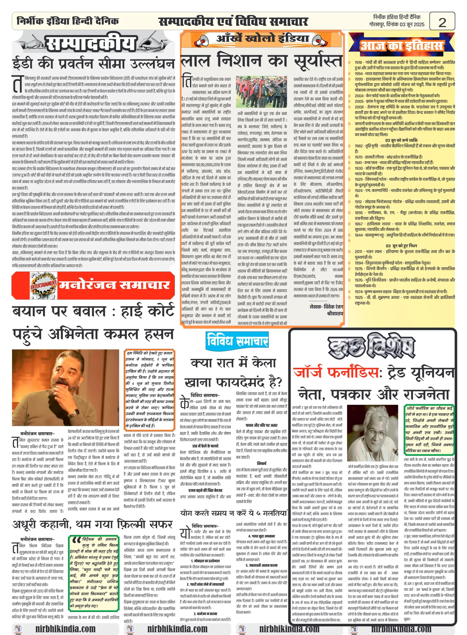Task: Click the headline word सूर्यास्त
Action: click(x=317, y=61)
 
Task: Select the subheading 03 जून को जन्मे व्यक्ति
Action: click(x=401, y=140)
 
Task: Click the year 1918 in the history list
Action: click(x=358, y=62)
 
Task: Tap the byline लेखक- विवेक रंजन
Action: click(x=326, y=307)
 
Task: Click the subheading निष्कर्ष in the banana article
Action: click(x=261, y=463)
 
